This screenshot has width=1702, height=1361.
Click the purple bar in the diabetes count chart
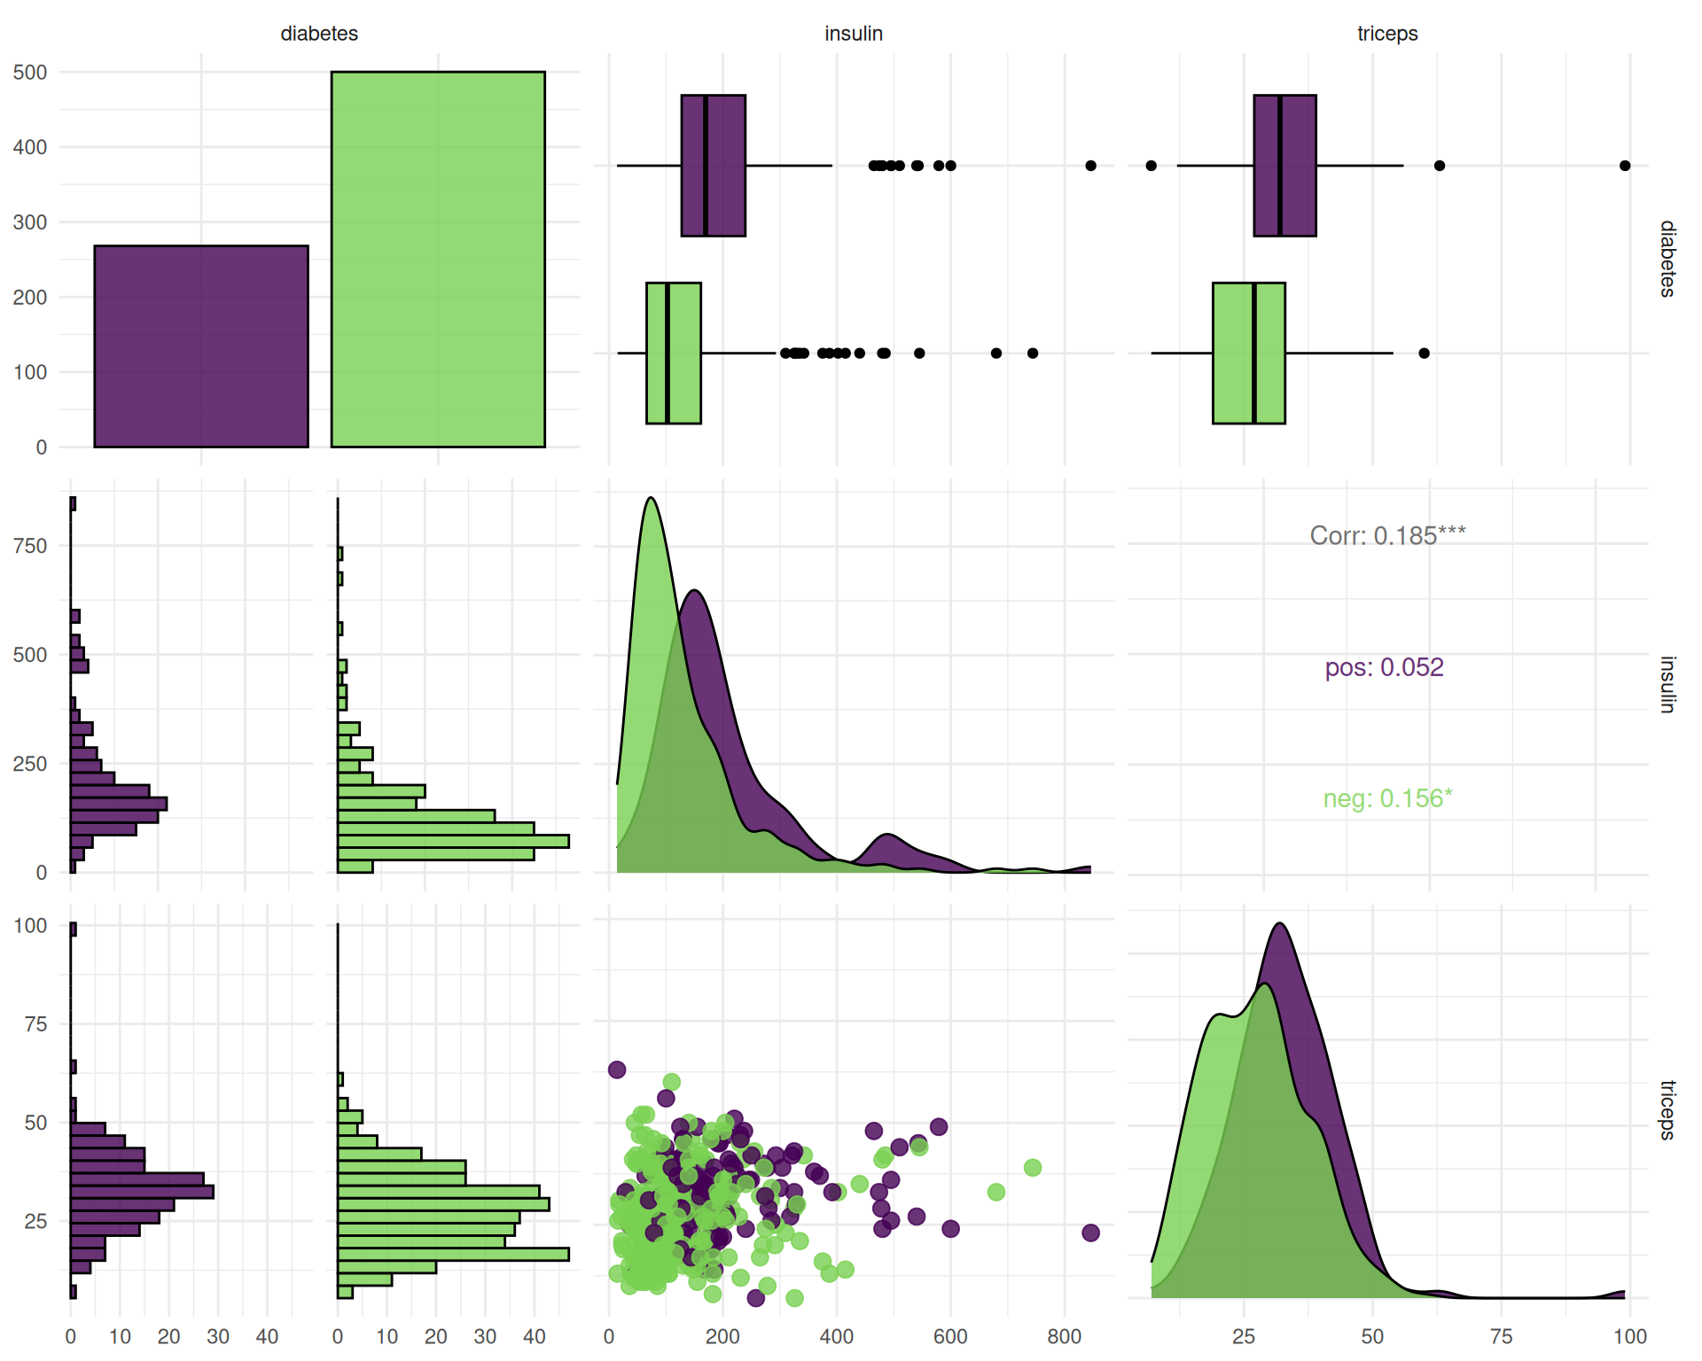[201, 346]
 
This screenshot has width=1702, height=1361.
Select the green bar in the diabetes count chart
[438, 259]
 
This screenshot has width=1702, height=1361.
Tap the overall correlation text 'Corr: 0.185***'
[1387, 535]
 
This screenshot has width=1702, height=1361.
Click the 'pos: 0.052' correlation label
[1384, 667]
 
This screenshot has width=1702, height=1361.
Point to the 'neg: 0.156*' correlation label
[1387, 798]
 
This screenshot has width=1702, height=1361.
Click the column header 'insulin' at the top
[853, 34]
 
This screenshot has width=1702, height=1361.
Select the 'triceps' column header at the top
[1387, 34]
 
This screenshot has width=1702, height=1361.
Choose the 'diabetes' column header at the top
[319, 34]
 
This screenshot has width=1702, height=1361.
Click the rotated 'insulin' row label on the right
[1667, 684]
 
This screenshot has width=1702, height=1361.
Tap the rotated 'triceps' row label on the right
[1667, 1109]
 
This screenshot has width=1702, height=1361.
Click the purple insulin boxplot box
[713, 166]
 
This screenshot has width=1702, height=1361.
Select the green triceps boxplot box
[1248, 353]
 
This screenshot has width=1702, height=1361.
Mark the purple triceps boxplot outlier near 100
[1625, 166]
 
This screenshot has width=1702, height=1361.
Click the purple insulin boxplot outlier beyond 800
[1090, 166]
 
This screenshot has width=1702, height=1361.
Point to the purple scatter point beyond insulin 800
[1090, 1233]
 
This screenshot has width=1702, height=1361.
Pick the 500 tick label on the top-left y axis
[30, 73]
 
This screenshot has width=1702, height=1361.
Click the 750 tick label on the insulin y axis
[30, 546]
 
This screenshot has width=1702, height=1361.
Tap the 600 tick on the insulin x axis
[950, 1336]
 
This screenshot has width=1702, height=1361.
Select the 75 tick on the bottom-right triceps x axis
[1501, 1336]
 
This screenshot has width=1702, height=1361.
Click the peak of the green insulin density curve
[652, 499]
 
